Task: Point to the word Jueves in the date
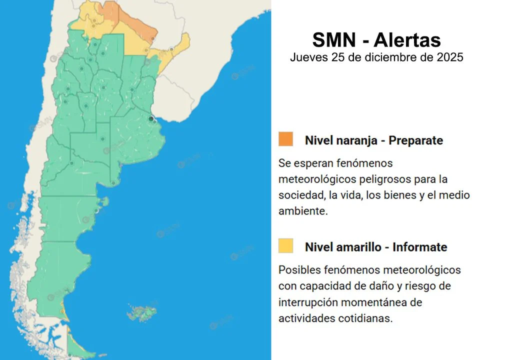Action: [x=308, y=57]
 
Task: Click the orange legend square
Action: [x=285, y=139]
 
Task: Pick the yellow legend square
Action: [x=285, y=245]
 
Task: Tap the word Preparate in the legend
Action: [x=415, y=140]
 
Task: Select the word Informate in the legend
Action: [x=419, y=247]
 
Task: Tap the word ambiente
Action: [x=303, y=211]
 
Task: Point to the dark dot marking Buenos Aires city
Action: [x=151, y=118]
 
